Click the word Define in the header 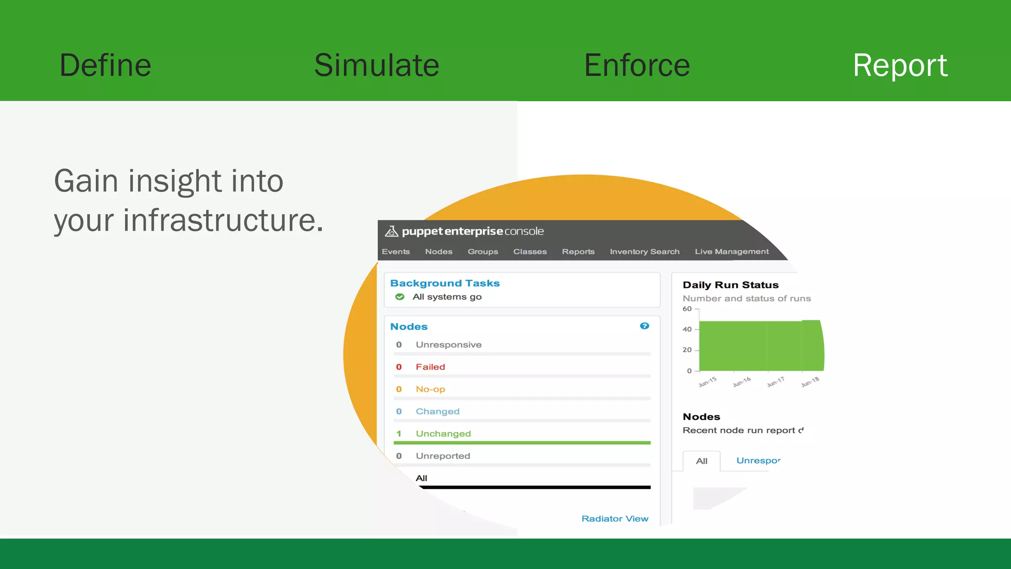pos(105,65)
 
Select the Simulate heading pos(377,65)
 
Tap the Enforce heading pos(637,65)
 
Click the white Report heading pos(900,65)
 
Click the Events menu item pos(395,251)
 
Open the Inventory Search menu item pos(644,251)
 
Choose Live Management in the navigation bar pos(732,251)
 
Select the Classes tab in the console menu pos(530,251)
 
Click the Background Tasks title pos(445,283)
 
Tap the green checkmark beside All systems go pos(400,297)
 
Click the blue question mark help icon pos(644,326)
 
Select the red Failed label pos(430,367)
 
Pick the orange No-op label pos(430,389)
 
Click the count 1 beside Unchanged pos(399,434)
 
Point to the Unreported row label pos(443,456)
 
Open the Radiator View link pos(615,519)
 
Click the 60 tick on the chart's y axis pos(687,309)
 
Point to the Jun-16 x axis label pos(741,382)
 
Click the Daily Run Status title pos(730,285)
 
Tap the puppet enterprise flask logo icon pos(391,231)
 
